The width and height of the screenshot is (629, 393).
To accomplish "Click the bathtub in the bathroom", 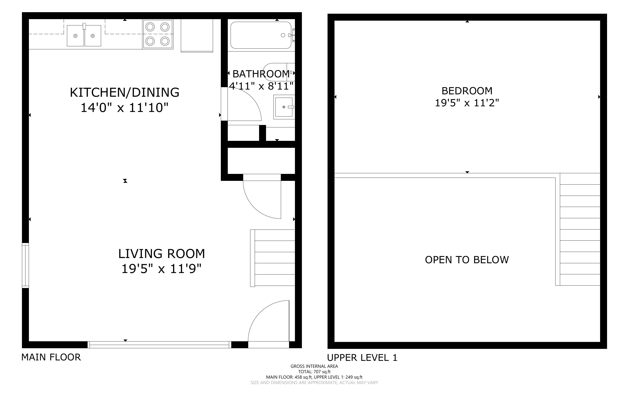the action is coord(261,35).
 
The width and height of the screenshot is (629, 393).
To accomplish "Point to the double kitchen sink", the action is coord(84,35).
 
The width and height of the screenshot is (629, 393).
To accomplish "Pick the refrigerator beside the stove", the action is coord(197,36).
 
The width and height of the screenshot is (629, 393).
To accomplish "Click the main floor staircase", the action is coord(273,258).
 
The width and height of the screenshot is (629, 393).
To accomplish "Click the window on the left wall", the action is coord(25,265).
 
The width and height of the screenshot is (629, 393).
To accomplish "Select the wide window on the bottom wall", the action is coord(159,345).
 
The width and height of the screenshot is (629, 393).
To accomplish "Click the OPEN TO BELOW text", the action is coord(467,260).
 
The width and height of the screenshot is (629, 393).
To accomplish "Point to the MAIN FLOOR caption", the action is coord(51,357).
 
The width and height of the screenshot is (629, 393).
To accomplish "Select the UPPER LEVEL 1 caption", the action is coord(362,358).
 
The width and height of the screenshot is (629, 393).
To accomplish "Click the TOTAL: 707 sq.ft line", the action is coord(314,372).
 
